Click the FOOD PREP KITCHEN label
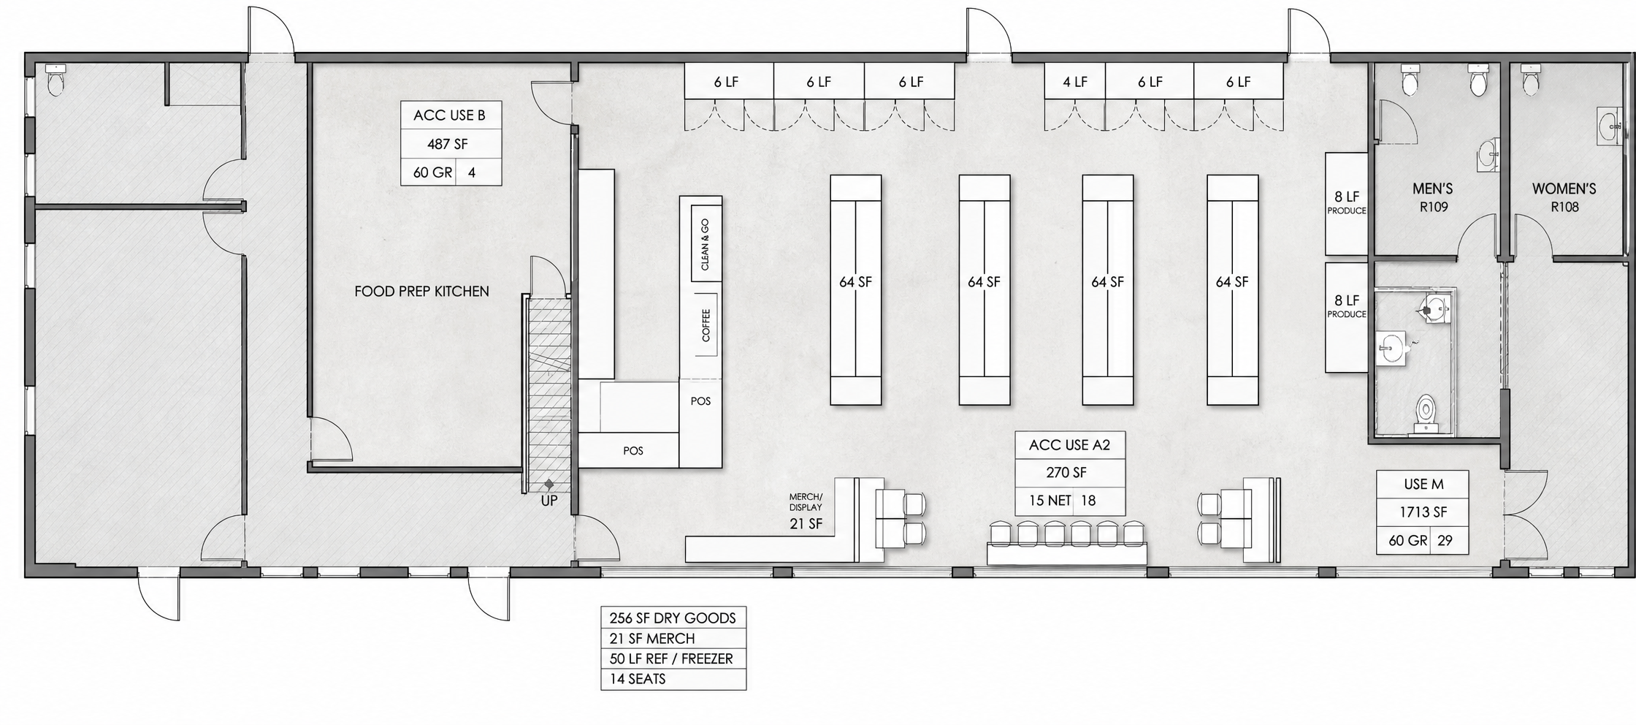(421, 291)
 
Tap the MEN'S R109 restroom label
(1433, 197)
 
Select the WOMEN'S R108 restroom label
(1564, 197)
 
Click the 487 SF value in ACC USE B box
(447, 144)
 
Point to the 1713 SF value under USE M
(1423, 512)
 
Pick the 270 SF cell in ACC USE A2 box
(1066, 472)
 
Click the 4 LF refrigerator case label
(1075, 82)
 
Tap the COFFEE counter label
(706, 325)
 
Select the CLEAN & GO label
(705, 245)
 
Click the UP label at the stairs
(548, 501)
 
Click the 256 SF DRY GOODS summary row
(673, 618)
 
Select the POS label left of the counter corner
(633, 451)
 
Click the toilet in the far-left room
(56, 80)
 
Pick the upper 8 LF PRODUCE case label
(1347, 202)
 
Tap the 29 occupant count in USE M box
(1445, 541)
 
